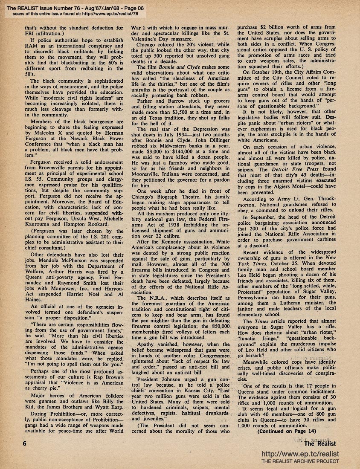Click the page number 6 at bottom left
coord(25,444)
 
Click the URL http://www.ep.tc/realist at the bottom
coord(300,454)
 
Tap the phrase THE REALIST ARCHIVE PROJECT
coord(300,462)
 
